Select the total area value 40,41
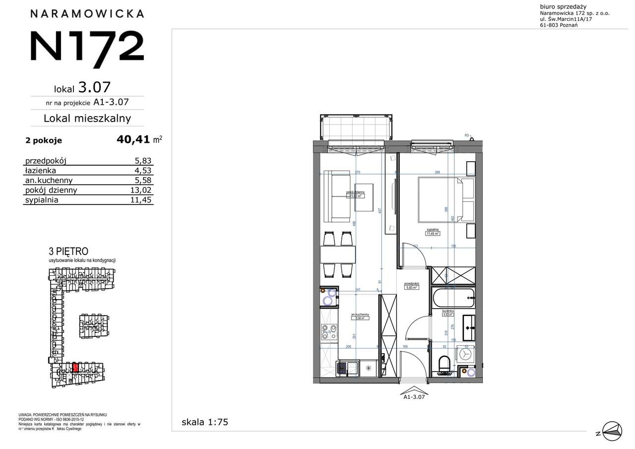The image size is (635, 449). click(x=133, y=139)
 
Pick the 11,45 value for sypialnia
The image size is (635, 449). click(x=140, y=200)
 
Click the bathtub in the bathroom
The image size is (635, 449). click(x=453, y=298)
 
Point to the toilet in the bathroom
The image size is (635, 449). click(x=444, y=363)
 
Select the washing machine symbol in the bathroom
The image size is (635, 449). click(x=466, y=354)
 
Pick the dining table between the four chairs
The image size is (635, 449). click(x=337, y=255)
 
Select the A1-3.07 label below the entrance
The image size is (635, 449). click(x=414, y=396)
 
